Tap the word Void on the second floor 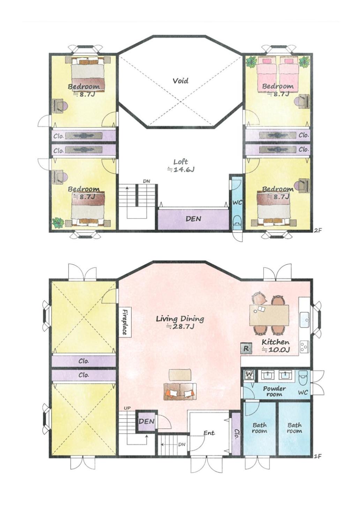tap(180, 81)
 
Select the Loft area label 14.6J tap(181, 169)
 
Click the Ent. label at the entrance tap(209, 432)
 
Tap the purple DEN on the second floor tap(193, 219)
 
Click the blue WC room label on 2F tap(237, 202)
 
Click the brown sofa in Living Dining tap(180, 392)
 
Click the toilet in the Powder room tap(303, 378)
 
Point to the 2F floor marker tap(318, 230)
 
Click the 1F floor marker tap(318, 456)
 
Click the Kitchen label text tap(276, 342)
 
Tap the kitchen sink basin tap(305, 320)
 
